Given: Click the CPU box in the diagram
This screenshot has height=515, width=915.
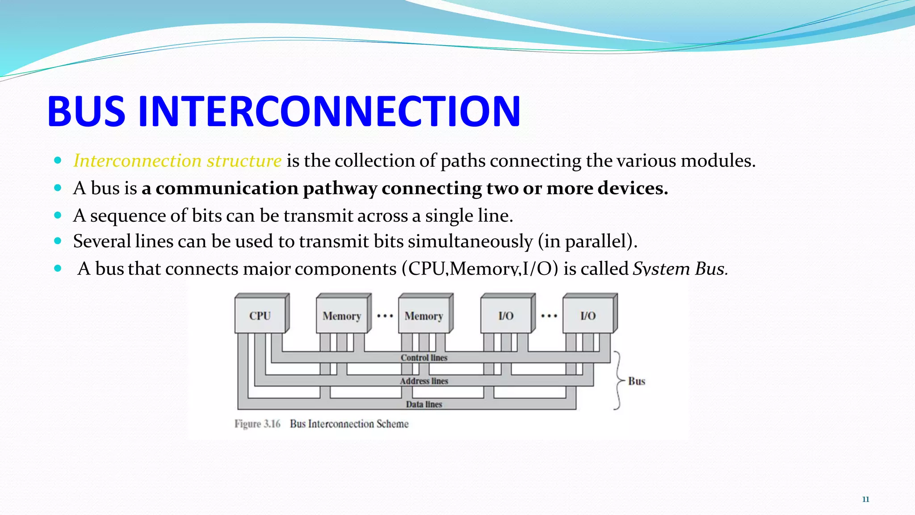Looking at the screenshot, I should point(260,316).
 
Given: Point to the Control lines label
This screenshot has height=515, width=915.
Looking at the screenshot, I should point(424,358).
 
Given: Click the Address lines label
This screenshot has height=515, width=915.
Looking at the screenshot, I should point(424,381).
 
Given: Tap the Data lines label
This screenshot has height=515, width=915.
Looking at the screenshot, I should point(424,404).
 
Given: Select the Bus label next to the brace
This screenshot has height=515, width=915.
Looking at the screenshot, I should point(637,381).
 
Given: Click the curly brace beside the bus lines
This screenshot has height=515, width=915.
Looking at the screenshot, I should point(618,380).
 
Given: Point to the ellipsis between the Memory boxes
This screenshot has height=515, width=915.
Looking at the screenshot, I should point(385,316).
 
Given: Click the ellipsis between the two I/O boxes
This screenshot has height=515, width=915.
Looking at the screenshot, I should point(549,316).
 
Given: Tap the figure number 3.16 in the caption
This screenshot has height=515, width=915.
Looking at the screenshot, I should point(272,424).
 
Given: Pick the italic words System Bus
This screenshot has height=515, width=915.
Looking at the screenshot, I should point(680,269).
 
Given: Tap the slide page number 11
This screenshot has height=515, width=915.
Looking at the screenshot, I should point(865,499).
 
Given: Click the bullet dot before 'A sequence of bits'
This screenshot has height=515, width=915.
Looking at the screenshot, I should point(58,215).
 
